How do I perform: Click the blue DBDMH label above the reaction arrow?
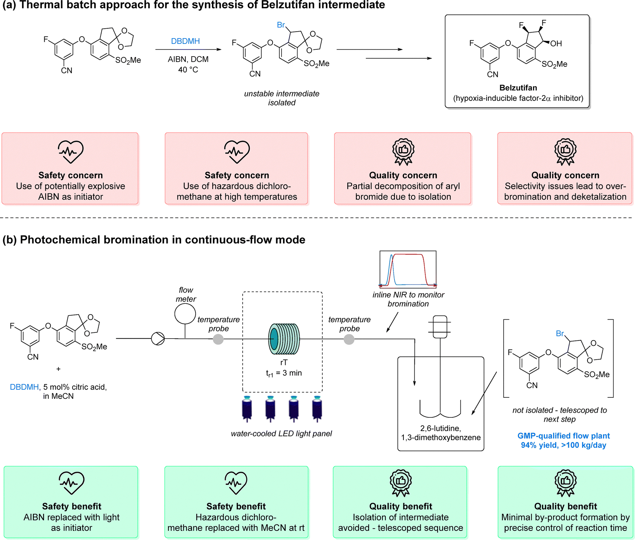click(185, 41)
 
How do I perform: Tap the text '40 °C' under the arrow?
click(188, 70)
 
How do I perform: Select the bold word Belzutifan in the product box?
click(518, 88)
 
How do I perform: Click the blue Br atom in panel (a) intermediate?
click(281, 25)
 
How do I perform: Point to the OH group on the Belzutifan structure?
click(556, 44)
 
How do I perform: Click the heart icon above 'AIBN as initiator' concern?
click(70, 151)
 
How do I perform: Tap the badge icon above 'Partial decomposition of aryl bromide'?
click(403, 151)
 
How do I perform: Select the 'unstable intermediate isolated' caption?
click(282, 98)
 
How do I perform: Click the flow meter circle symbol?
click(185, 314)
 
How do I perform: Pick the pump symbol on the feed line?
click(158, 339)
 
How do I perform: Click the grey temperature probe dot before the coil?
click(218, 339)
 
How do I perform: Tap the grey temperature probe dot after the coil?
click(349, 339)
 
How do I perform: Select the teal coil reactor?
click(284, 339)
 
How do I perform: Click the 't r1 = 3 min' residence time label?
click(284, 373)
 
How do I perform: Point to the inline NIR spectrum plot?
click(408, 269)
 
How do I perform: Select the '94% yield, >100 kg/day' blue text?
click(563, 445)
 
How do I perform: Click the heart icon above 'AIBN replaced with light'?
click(71, 483)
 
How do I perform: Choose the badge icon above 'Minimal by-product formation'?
click(565, 483)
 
